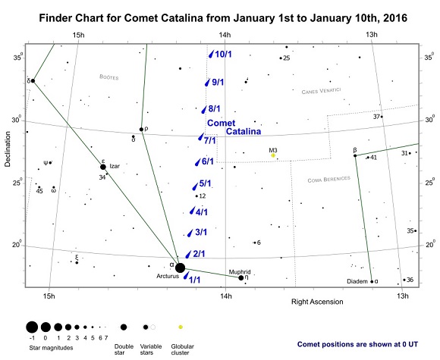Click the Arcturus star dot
180,268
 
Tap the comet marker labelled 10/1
210,55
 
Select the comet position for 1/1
186,277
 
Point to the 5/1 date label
204,183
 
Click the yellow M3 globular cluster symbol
273,156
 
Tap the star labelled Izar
103,167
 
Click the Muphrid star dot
240,278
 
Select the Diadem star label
357,281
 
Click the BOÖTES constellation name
110,77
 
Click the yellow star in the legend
181,325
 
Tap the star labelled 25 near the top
281,58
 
